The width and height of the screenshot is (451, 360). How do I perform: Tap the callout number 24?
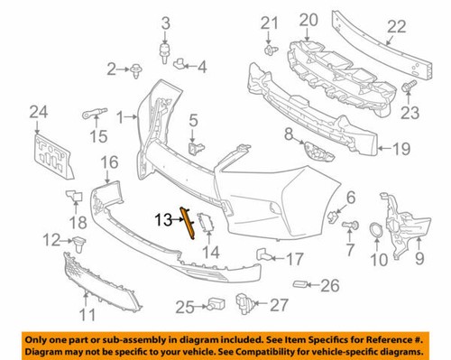[36, 113]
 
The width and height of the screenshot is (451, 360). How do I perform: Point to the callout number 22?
[397, 28]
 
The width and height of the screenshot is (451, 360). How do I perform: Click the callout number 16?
[109, 162]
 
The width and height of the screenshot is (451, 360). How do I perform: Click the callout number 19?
[400, 149]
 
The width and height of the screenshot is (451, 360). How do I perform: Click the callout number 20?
[308, 19]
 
